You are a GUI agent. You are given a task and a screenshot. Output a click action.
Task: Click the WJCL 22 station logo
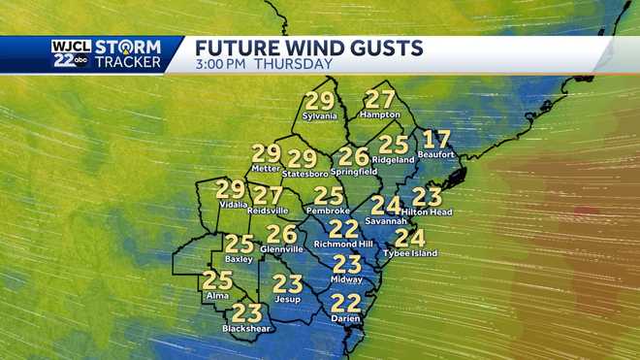tap(71, 53)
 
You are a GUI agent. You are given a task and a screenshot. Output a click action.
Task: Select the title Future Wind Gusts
tap(309, 48)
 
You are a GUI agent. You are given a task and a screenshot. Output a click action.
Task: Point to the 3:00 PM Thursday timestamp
tap(264, 64)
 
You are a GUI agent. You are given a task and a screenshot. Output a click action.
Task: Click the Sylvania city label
tap(319, 116)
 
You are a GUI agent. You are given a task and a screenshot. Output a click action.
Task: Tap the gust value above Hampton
tap(380, 99)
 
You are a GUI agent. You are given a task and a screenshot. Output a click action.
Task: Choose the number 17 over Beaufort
tap(437, 139)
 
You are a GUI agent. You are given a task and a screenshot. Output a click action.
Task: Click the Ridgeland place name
tap(394, 157)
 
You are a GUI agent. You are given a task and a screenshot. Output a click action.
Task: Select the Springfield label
tap(354, 171)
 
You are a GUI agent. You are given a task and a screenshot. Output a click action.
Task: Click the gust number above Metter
tap(266, 153)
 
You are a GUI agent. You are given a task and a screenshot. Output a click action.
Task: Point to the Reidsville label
tap(269, 210)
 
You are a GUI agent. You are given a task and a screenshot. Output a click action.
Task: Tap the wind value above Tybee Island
tap(410, 238)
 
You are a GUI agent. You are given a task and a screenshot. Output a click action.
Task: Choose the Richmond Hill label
tap(343, 245)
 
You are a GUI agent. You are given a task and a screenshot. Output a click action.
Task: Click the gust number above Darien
tap(346, 303)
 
